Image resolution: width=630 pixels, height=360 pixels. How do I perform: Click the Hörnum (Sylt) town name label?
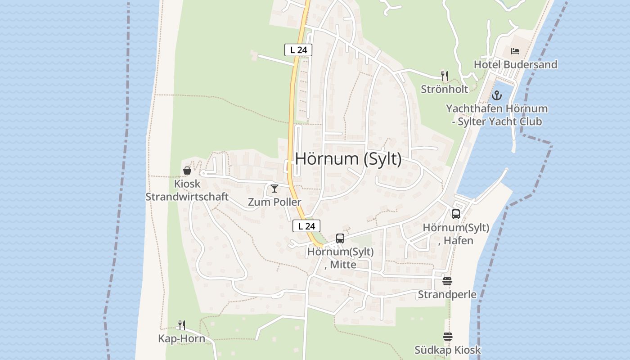tap(348, 159)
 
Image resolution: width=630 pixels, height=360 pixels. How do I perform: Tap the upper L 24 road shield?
tap(298, 50)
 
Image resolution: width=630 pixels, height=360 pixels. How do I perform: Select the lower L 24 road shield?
tap(306, 226)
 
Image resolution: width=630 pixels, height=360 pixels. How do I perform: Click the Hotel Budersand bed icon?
tap(515, 51)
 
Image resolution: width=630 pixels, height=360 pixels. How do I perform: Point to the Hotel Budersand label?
tap(515, 65)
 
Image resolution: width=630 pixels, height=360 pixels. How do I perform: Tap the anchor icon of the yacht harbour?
tap(496, 95)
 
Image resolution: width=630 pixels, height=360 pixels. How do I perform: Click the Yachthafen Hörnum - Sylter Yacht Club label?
tap(497, 115)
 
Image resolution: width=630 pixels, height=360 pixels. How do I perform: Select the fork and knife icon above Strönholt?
tap(445, 76)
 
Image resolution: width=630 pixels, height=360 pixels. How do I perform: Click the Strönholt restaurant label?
tap(445, 89)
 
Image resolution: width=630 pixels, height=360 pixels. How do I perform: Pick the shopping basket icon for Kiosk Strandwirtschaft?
tap(187, 171)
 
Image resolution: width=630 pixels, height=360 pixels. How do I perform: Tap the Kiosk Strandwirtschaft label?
tap(187, 190)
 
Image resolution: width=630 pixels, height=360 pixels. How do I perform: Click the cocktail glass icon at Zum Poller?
tap(274, 189)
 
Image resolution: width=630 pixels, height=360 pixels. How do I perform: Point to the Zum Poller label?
tap(274, 202)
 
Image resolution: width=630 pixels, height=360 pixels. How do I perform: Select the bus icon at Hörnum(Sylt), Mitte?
tap(340, 238)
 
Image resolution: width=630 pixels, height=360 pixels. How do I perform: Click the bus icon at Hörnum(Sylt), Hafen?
tap(456, 214)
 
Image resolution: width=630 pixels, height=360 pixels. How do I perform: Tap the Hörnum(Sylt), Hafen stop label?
tap(456, 234)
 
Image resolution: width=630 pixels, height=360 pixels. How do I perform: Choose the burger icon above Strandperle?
tap(447, 281)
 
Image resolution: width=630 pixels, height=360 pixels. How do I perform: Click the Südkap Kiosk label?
tap(447, 350)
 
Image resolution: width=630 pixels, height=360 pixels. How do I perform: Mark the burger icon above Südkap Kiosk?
tap(447, 337)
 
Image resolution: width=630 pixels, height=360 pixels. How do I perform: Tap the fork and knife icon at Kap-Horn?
tap(182, 325)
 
